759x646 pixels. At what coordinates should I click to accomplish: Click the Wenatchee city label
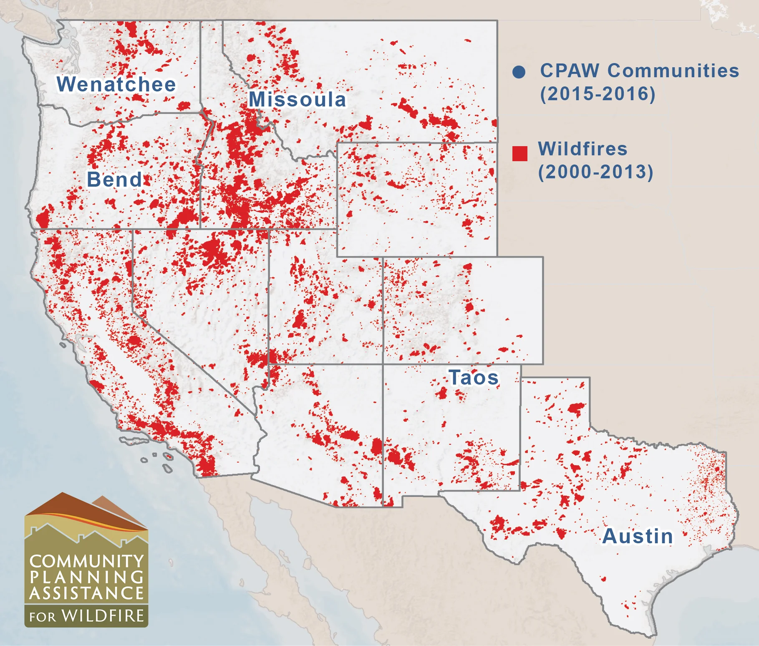116,84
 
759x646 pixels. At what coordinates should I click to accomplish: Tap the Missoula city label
297,100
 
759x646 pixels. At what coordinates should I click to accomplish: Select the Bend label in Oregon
114,180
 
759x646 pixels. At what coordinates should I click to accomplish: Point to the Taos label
474,378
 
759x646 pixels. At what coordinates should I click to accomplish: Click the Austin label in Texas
638,537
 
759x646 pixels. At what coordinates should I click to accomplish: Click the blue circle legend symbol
519,72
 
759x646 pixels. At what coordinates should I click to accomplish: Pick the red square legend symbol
519,154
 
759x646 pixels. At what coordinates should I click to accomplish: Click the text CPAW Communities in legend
639,71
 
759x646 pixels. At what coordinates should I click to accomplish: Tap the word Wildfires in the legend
582,149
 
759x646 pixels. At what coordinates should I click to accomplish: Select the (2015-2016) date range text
598,94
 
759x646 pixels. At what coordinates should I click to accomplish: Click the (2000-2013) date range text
595,172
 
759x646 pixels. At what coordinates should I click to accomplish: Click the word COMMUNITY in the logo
87,562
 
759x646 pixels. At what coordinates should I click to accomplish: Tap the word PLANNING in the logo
87,578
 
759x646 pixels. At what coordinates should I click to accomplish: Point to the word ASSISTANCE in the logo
87,593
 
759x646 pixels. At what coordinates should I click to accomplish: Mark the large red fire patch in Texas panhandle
577,408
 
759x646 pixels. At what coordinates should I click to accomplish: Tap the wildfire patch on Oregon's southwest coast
43,218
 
